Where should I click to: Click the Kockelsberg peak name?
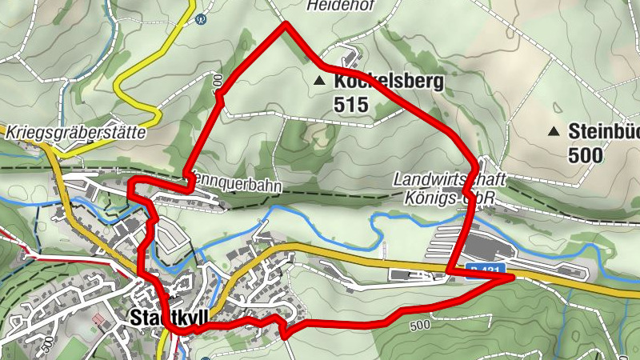[x=389, y=82]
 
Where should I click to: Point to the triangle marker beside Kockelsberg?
[x=321, y=81]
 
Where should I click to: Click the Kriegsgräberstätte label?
[x=77, y=132]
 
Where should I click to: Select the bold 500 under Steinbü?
[x=586, y=154]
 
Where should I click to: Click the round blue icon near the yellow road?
[x=200, y=22]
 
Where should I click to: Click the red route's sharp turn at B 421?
[x=510, y=277]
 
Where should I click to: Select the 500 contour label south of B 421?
[x=419, y=326]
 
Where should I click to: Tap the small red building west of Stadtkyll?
[x=98, y=319]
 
